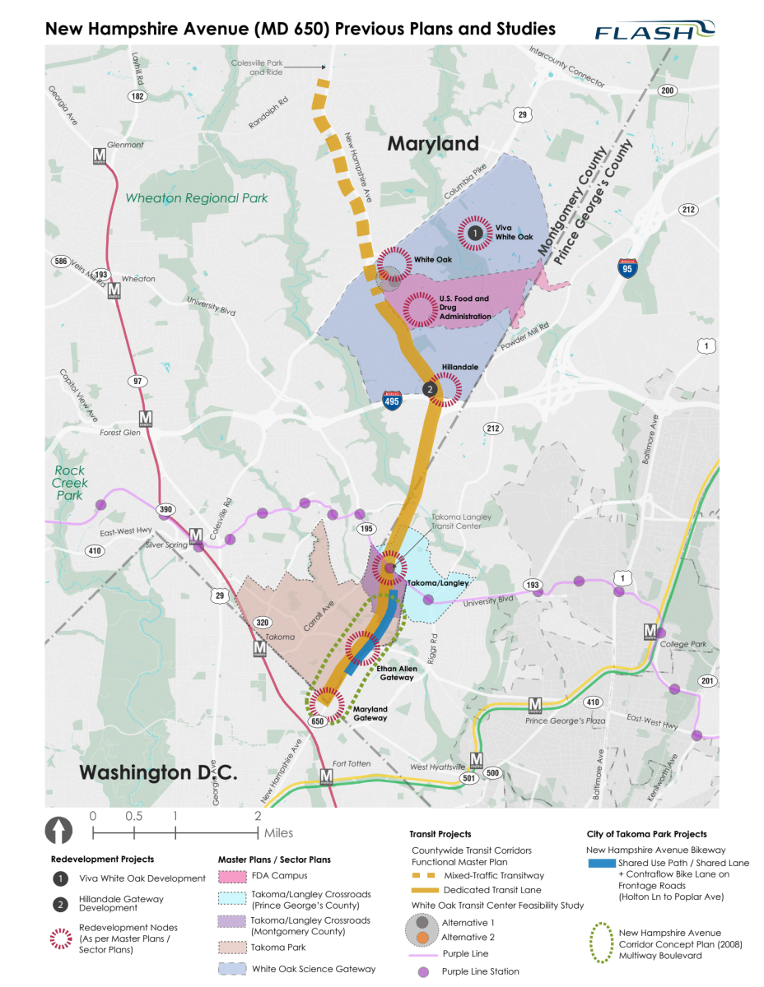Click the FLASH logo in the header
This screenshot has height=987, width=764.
pyautogui.click(x=655, y=30)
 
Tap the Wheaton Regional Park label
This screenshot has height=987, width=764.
pyautogui.click(x=196, y=198)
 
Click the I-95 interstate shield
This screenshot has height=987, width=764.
pyautogui.click(x=627, y=267)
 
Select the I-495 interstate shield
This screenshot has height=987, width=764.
pyautogui.click(x=393, y=401)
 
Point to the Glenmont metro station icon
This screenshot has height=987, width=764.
pyautogui.click(x=100, y=155)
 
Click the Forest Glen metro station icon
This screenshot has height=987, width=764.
pyautogui.click(x=146, y=418)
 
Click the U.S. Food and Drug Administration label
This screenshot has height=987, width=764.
pyautogui.click(x=464, y=308)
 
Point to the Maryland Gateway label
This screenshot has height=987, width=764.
pyautogui.click(x=370, y=713)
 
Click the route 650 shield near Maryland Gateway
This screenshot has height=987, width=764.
pyautogui.click(x=317, y=721)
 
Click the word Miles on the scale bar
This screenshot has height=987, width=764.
pyautogui.click(x=278, y=833)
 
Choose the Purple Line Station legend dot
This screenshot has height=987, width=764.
pyautogui.click(x=422, y=971)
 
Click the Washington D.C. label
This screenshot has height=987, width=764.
pyautogui.click(x=158, y=772)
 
